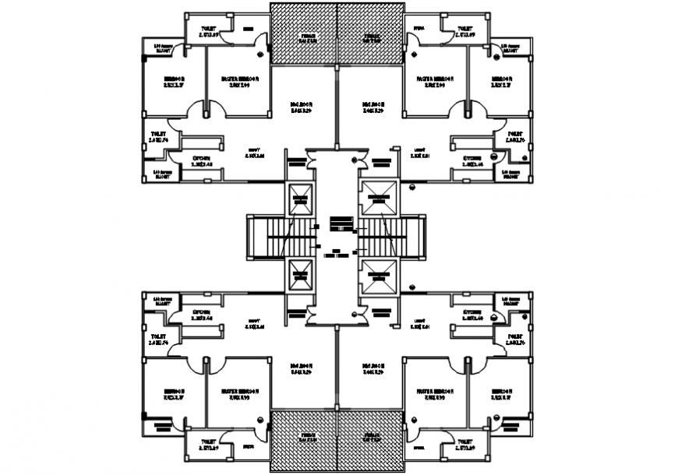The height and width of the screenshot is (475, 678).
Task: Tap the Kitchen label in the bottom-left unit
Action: point(203,315)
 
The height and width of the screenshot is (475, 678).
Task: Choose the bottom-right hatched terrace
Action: point(370,441)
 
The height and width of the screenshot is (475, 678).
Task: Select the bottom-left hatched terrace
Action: point(304,441)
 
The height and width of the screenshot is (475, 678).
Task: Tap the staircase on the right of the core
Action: point(409,237)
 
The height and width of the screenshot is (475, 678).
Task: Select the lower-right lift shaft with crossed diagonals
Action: point(379,274)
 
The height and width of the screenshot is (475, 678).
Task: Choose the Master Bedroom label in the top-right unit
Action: point(434,82)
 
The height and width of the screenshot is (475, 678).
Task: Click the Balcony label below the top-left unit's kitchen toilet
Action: point(161,174)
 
